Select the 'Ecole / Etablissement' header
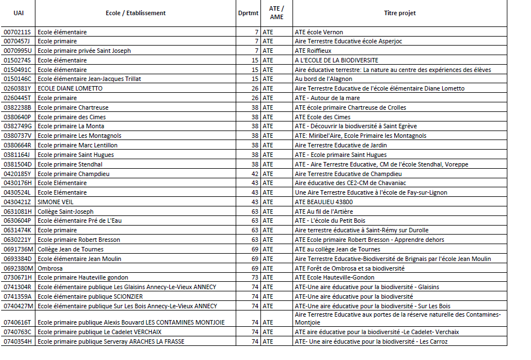pos(136,13)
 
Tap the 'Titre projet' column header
pos(399,13)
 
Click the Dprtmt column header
pos(248,13)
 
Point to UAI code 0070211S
pos(18,32)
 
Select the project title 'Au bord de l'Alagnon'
pos(322,79)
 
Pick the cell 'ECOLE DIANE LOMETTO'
pos(70,88)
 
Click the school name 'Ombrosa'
pos(51,268)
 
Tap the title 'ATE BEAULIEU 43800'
pos(323,202)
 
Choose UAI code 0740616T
pos(18,322)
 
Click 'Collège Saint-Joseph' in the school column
pos(65,211)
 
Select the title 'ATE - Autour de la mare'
pos(327,98)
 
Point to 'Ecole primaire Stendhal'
pos(70,164)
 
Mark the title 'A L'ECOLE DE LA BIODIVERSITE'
pos(336,60)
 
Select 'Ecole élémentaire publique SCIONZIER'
pos(90,296)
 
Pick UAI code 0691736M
pos(19,249)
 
